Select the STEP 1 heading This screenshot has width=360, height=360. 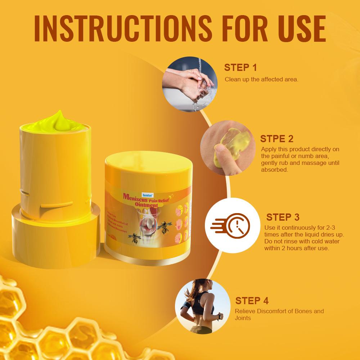click(240, 67)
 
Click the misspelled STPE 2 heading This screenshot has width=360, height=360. click(276, 139)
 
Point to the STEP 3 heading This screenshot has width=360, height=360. click(283, 217)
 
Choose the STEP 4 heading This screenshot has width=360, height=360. click(252, 301)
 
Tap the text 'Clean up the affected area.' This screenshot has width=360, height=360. click(261, 79)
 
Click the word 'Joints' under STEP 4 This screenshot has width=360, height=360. click(243, 318)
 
